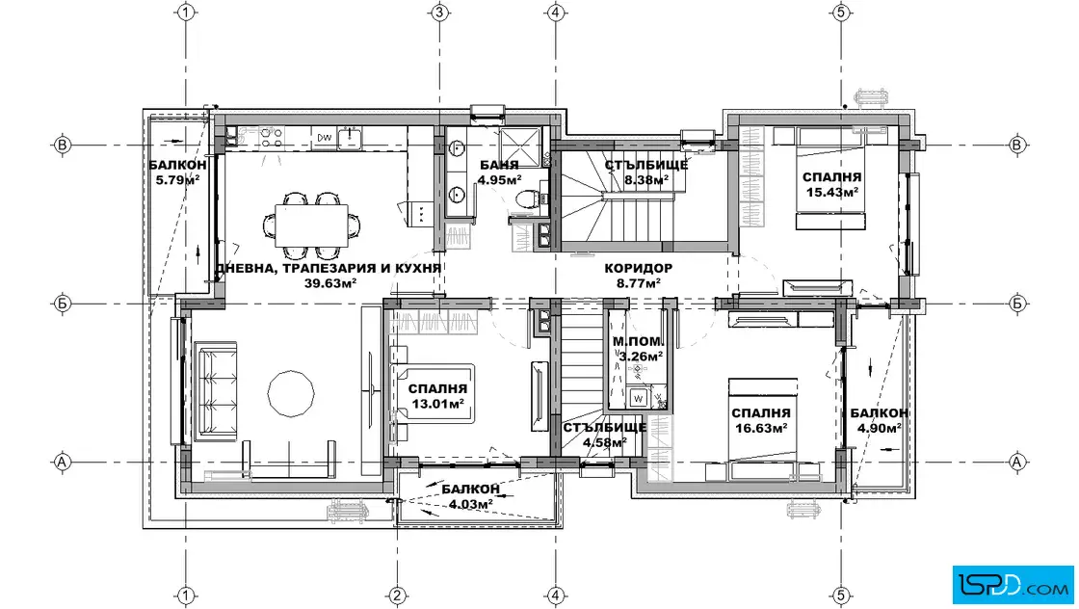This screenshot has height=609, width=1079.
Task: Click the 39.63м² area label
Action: point(330,283)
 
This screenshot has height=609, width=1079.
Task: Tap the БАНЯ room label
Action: point(499,166)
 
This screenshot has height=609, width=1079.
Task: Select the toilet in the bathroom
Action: point(527,199)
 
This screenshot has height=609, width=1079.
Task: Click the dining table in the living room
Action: point(311,225)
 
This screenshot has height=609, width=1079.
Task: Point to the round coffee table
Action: point(290,393)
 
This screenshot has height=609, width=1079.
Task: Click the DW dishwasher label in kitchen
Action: point(324,138)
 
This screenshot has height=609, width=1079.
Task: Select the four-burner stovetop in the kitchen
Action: point(272,136)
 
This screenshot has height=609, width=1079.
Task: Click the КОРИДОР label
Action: point(638,269)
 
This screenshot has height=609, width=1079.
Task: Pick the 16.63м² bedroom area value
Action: point(760,428)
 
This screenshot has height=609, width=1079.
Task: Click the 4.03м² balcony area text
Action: point(471,504)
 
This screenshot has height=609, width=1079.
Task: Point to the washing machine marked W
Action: point(638,398)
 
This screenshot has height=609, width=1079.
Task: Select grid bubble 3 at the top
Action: point(439,13)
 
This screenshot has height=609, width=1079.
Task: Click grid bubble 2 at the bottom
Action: point(396,596)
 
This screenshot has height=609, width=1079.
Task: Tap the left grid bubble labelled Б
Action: point(62,304)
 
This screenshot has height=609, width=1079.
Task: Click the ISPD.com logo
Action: point(1013,585)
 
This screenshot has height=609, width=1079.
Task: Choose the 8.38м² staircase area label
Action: point(645,180)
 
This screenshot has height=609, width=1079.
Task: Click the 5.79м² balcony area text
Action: point(177,180)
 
